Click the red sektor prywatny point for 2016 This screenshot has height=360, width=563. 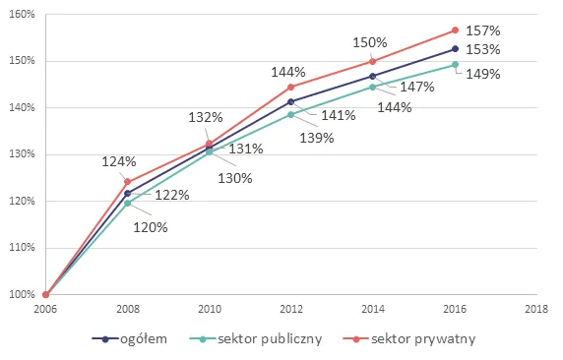[455, 30]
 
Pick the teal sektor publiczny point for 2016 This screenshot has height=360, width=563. [455, 65]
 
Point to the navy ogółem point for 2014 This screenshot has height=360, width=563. [373, 76]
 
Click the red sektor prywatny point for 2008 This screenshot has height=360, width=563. [128, 182]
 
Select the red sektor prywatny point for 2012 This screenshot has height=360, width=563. [291, 87]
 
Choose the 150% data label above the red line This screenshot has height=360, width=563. [372, 43]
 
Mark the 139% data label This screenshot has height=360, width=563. [317, 138]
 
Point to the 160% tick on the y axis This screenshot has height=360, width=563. [22, 15]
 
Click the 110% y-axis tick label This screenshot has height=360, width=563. [22, 248]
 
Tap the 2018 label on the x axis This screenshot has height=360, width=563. [536, 310]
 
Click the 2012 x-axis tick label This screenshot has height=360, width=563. [291, 310]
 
